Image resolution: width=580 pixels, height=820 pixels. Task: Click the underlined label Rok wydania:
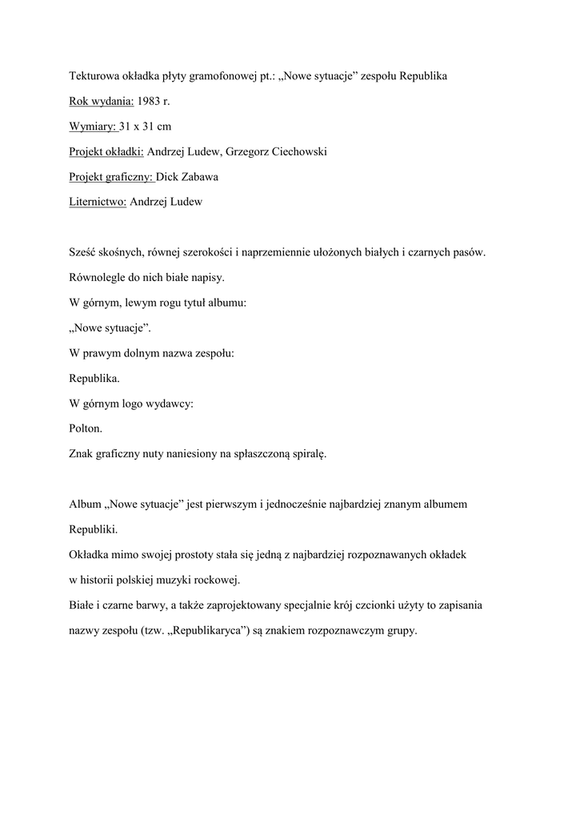pos(100,101)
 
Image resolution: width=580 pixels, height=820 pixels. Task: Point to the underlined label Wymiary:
pos(93,127)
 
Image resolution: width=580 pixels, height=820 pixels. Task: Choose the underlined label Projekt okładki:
pos(106,151)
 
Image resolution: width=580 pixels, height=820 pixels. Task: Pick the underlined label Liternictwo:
pos(98,202)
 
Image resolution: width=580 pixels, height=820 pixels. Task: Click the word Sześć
pos(82,252)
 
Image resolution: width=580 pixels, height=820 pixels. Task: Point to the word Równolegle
pos(97,278)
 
